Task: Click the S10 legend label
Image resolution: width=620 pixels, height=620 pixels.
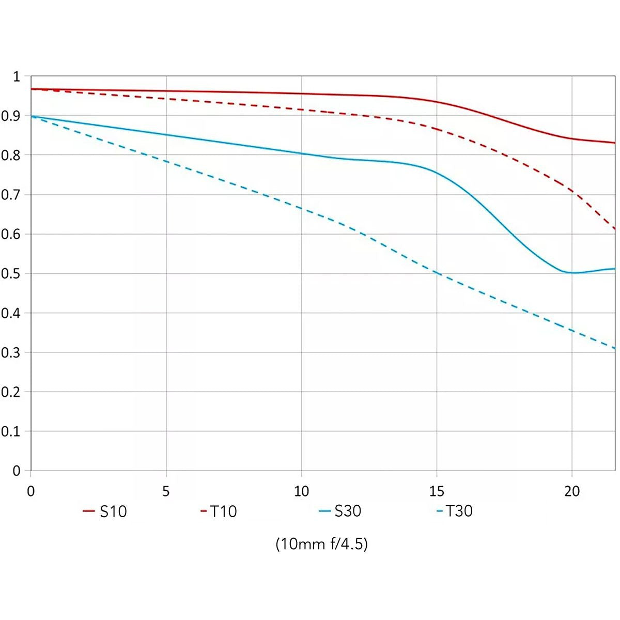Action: point(113,512)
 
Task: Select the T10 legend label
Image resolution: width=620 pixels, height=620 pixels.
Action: point(223,512)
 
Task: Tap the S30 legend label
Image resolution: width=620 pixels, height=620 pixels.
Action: point(348,511)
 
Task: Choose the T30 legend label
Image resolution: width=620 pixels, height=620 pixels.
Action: point(459,511)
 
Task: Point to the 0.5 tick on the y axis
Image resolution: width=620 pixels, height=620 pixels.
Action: point(10,274)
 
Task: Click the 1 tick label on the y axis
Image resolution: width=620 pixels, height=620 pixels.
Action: point(16,77)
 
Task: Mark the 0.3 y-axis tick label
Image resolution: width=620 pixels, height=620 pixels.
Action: point(10,353)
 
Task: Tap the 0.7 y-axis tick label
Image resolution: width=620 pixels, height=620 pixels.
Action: point(10,195)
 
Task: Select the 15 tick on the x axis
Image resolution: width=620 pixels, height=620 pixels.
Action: point(437,491)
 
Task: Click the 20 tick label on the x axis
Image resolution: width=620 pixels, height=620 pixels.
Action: point(572,491)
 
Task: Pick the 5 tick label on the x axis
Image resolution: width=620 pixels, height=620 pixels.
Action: point(166,491)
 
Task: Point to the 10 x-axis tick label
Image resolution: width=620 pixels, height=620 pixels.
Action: point(301,491)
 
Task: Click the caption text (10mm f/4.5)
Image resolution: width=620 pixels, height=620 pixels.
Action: point(322,544)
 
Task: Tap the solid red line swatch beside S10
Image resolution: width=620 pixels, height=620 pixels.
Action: point(89,511)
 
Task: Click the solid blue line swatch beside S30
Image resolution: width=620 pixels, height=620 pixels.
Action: point(324,511)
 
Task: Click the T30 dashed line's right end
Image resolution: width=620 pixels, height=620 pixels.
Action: point(615,348)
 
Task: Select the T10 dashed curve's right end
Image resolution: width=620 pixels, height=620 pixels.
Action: point(615,229)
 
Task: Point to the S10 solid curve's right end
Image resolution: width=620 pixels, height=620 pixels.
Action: point(615,143)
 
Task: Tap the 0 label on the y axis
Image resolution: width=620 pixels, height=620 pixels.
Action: point(17,471)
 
